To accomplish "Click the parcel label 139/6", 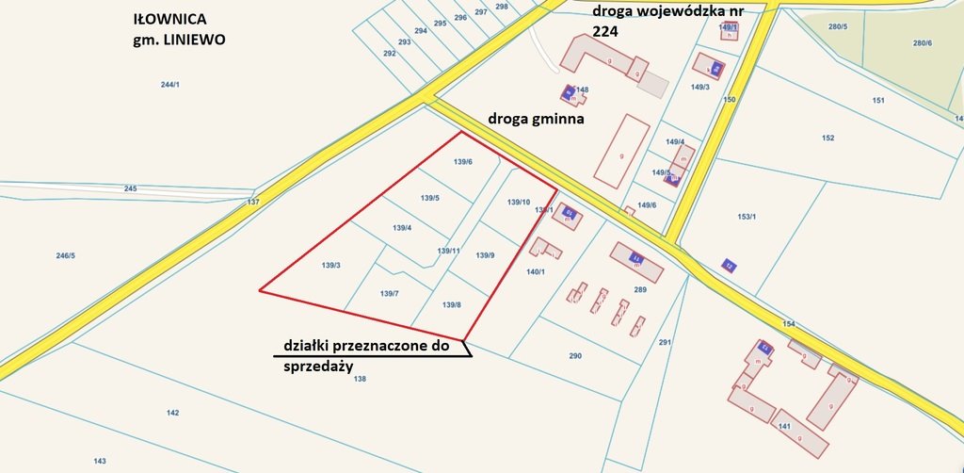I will pos(462,162).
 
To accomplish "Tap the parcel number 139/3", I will pos(330,265).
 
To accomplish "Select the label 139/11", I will pos(448,251).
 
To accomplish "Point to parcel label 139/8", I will pos(452,304).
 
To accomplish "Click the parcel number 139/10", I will pos(519,202).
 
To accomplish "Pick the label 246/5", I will pos(65,255).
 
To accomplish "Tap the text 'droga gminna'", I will pos(537,120).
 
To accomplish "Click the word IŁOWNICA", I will pos(171,18).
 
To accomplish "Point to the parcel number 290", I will pos(575,355).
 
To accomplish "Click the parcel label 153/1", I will pos(747,217).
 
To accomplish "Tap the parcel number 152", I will pos(827,138).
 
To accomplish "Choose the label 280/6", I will pos(922,43).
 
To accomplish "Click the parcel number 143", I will pos(100,461).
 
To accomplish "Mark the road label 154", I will pos(788,323).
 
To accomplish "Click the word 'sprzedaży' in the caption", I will pos(317,367).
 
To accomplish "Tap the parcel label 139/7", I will pos(390,294).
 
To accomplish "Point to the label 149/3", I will pos(699,87).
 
